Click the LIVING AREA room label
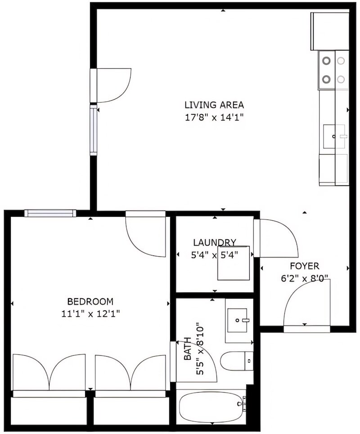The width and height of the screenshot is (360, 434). pos(214,105)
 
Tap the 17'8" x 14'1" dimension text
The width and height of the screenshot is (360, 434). pos(214,118)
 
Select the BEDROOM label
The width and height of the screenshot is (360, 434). pos(90,301)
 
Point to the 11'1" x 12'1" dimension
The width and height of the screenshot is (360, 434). pos(90,314)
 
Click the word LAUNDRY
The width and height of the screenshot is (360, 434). pos(214,242)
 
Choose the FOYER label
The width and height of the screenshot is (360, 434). pos(304,265)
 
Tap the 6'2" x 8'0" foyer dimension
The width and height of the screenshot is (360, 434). pos(304,278)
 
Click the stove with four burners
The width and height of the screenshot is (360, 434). pos(333,70)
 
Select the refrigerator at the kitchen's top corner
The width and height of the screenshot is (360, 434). pos(330,31)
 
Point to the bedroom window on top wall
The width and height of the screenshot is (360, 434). pos(49,214)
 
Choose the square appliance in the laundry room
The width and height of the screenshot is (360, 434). pos(234,263)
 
